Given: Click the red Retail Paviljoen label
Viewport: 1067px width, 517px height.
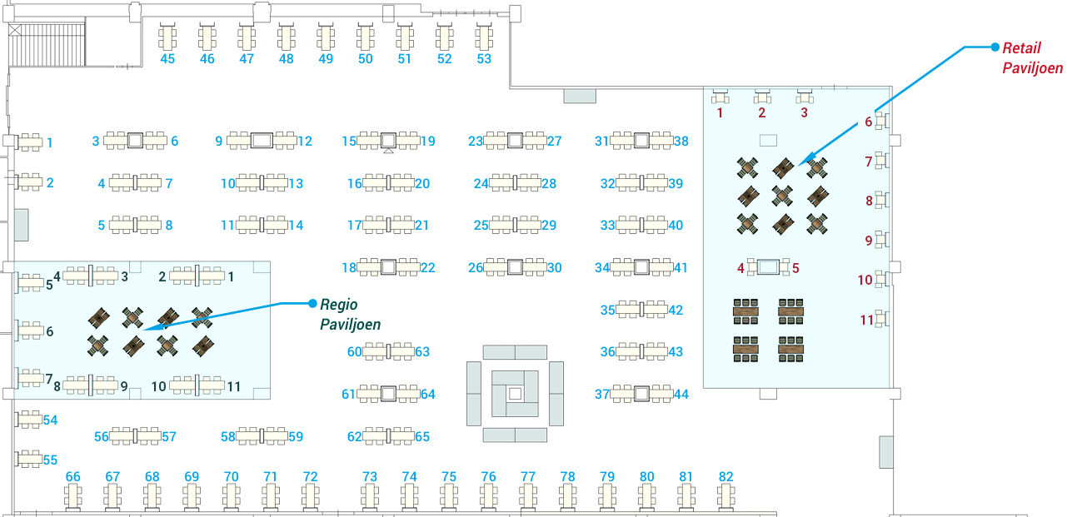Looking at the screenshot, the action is [1032, 58].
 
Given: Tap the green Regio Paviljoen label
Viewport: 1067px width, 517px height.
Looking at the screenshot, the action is [350, 314].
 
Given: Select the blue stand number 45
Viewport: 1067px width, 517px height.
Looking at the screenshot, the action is [167, 59].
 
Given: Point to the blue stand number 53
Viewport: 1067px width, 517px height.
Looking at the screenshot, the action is [484, 59].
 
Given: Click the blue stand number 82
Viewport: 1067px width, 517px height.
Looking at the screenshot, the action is [726, 476].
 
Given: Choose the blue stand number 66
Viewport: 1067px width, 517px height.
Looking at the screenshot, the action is [72, 476].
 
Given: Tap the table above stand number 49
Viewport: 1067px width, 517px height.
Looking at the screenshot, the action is [326, 37].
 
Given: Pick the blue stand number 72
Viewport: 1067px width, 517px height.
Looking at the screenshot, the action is [310, 476].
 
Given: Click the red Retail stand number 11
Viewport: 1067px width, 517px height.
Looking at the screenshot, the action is [866, 320].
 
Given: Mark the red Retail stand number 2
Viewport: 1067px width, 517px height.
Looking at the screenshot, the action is [761, 113].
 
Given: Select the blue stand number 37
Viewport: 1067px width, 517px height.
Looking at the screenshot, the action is [602, 394].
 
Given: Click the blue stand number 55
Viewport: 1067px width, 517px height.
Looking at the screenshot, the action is [50, 460].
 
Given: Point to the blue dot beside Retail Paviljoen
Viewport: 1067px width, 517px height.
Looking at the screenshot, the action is [995, 47].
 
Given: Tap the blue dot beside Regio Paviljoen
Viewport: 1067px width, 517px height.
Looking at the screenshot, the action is [312, 303].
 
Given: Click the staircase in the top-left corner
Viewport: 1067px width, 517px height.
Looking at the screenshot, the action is [47, 44].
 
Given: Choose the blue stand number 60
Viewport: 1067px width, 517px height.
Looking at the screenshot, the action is [354, 352].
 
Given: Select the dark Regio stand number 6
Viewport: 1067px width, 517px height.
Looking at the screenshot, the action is [49, 331].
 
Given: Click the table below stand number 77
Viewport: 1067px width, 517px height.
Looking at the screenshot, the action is [528, 496].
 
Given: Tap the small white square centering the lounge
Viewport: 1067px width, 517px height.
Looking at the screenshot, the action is [515, 394].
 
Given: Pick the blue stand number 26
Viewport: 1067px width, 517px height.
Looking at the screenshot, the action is [476, 267].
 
